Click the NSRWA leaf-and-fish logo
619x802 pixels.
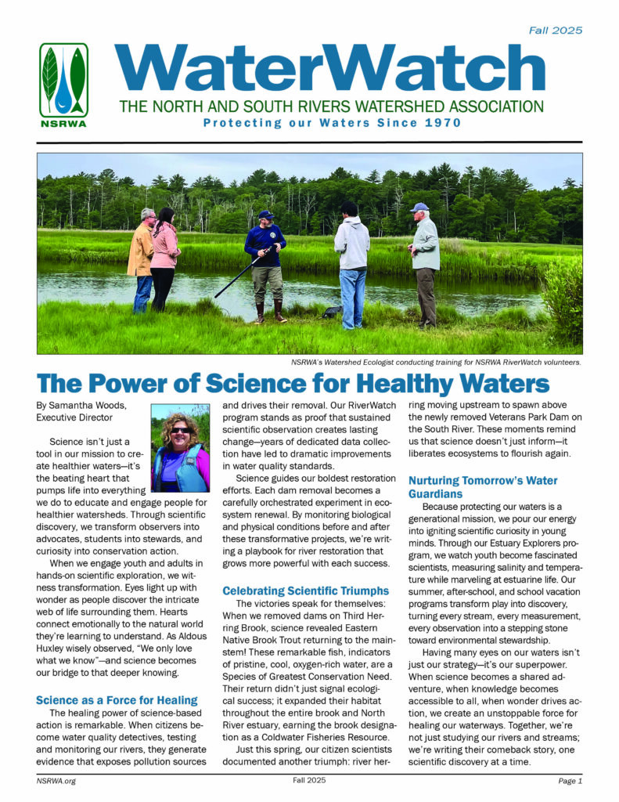(63, 81)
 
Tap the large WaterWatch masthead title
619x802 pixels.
(329, 69)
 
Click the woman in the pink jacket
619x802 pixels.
(164, 255)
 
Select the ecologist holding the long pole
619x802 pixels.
(266, 258)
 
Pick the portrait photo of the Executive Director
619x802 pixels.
(180, 447)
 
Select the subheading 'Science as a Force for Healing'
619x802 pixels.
(117, 699)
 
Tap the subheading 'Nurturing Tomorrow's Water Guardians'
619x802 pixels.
(481, 487)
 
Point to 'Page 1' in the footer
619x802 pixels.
(570, 781)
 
